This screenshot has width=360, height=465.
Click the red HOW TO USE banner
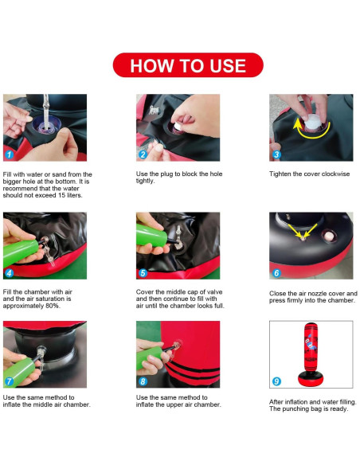(x=188, y=65)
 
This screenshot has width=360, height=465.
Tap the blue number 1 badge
(x=10, y=154)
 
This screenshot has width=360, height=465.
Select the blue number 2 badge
(x=143, y=154)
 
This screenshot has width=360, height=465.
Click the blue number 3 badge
(x=276, y=154)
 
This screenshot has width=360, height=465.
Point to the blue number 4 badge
(x=10, y=273)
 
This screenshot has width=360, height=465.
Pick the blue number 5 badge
(x=143, y=273)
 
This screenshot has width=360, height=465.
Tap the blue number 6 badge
(x=276, y=273)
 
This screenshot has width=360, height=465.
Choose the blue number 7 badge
(x=10, y=381)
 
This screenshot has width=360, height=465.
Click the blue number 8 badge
(x=143, y=381)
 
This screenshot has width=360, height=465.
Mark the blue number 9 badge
(x=276, y=381)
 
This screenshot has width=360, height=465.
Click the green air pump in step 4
(x=20, y=252)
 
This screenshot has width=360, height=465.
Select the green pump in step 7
(x=18, y=372)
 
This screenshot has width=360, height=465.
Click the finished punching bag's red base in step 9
(x=311, y=379)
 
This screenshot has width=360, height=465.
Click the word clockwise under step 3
(x=335, y=174)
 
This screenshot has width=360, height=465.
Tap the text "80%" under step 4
(x=53, y=306)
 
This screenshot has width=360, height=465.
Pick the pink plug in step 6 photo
(x=329, y=236)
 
